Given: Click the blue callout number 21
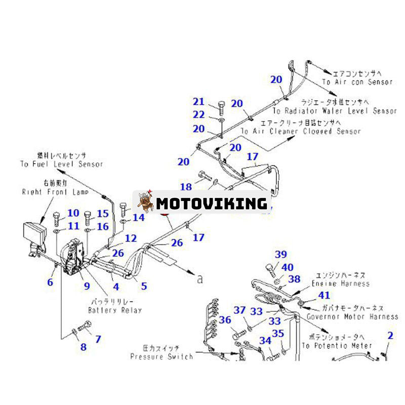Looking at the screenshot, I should (198, 102).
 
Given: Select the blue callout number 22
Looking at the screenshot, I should (198, 115).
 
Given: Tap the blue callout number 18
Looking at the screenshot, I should (186, 186).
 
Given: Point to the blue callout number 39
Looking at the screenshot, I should (280, 254).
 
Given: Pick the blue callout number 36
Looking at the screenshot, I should (225, 320).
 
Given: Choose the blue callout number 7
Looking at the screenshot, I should (98, 339).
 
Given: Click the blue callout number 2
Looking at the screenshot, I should (390, 335).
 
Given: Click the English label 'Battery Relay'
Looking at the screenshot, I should (115, 310).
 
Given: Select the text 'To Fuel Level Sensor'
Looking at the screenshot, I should (62, 164).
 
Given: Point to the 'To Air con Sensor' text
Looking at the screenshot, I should (357, 82).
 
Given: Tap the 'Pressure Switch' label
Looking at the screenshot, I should (161, 356).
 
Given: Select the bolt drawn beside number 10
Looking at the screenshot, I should (56, 219).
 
